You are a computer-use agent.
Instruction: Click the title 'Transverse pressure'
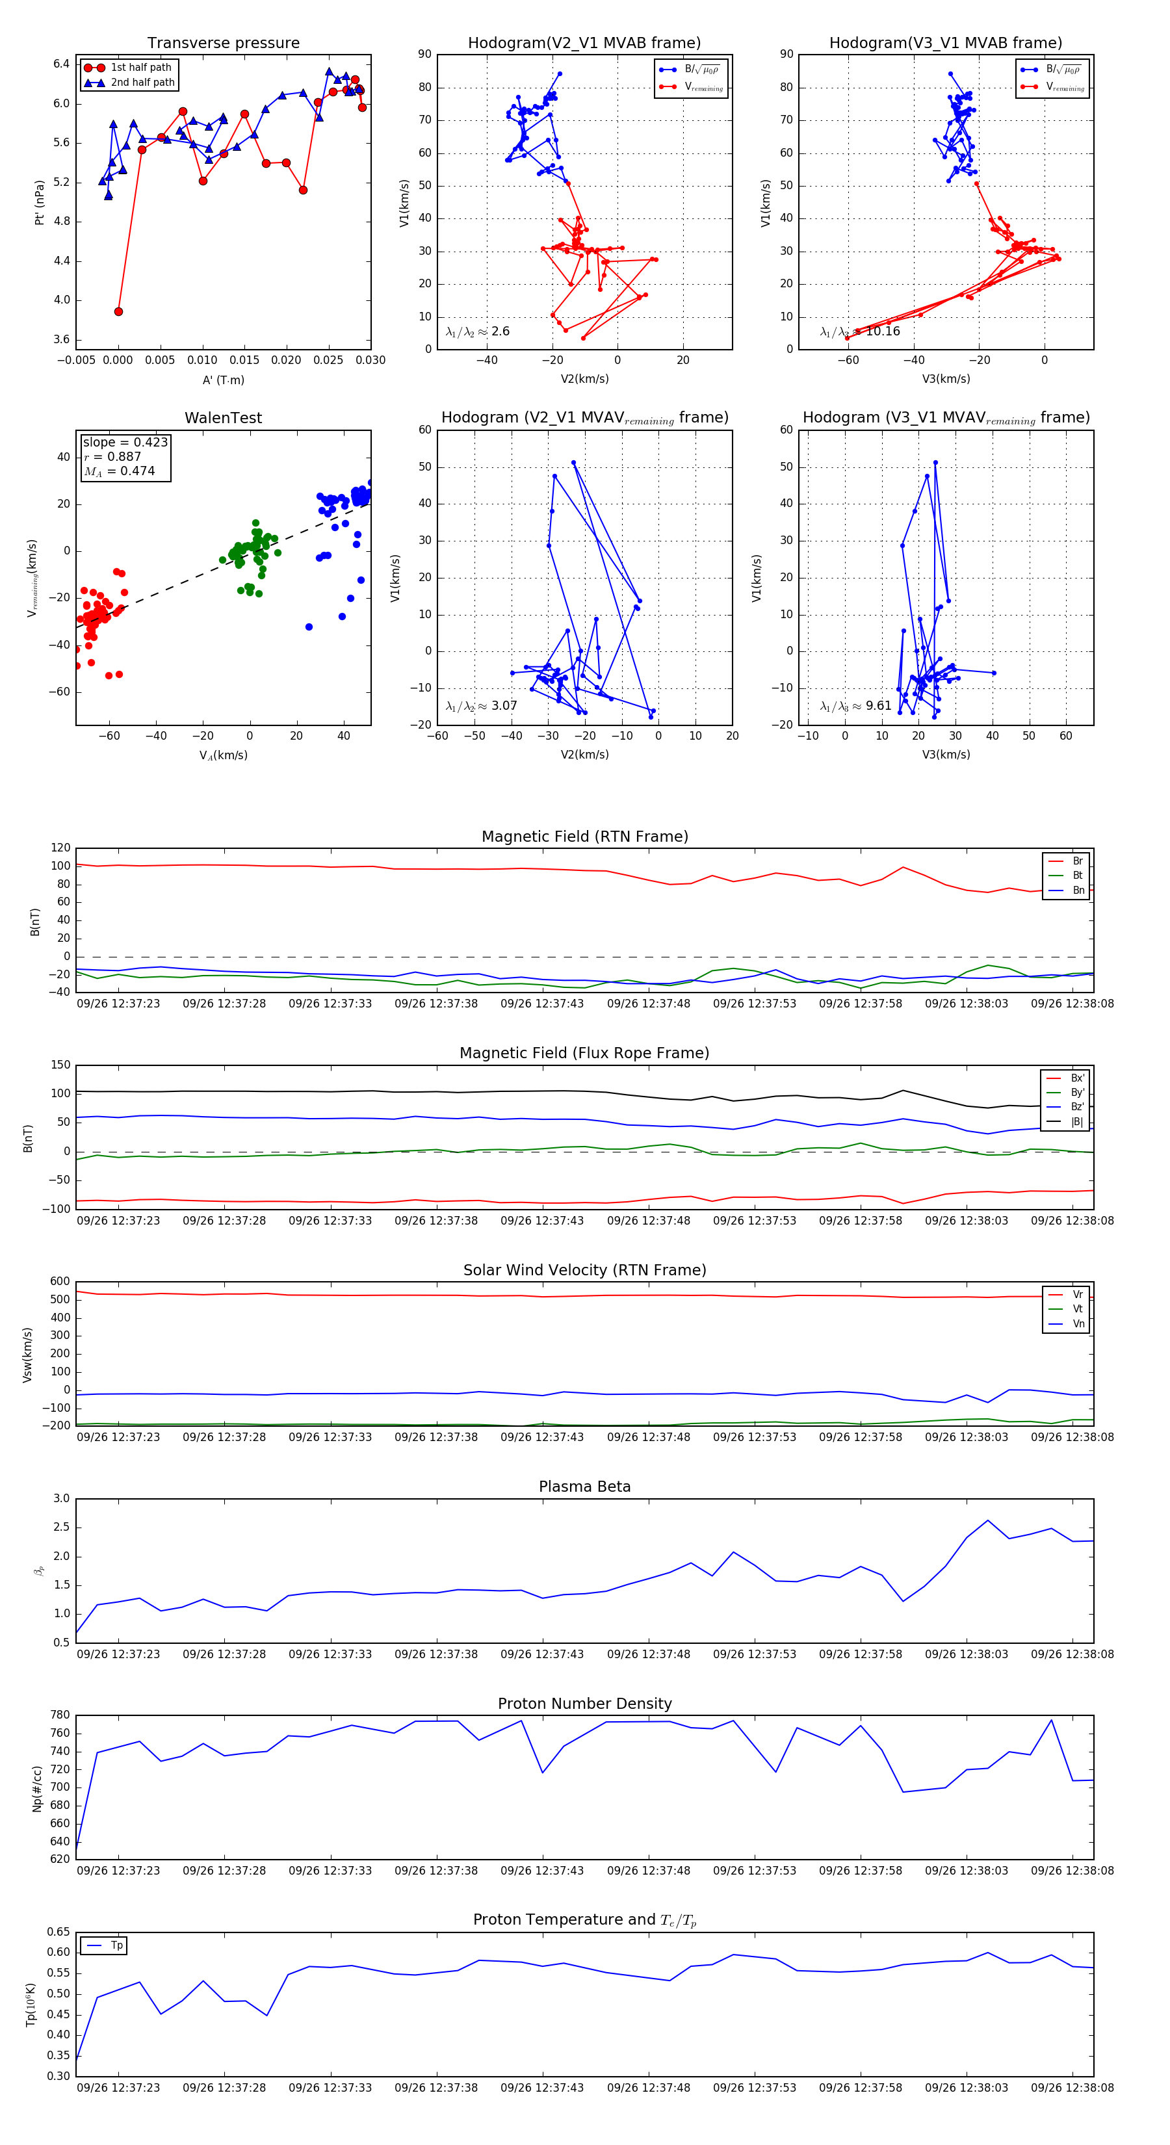[223, 44]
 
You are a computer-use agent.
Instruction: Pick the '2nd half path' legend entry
[142, 83]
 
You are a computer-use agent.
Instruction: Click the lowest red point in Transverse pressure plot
[118, 311]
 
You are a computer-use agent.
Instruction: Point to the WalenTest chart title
[223, 418]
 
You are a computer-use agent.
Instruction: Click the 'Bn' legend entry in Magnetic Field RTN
[1078, 890]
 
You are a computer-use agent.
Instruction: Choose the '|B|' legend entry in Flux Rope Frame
[1076, 1122]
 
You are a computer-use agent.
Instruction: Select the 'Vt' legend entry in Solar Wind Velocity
[1078, 1309]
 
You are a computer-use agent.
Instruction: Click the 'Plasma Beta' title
[584, 1487]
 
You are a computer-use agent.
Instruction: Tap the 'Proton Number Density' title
[584, 1704]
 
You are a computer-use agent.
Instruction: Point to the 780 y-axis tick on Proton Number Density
[60, 1715]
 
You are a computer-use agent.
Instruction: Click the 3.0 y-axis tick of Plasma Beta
[62, 1499]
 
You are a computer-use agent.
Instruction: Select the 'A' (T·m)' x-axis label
[223, 380]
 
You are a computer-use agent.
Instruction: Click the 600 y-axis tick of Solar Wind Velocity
[60, 1282]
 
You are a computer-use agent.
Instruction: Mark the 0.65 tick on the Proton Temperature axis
[58, 1932]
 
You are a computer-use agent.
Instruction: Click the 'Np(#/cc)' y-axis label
[36, 1787]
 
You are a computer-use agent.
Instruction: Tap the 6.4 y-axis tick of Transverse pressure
[62, 64]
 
